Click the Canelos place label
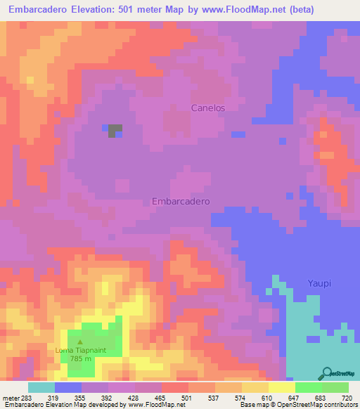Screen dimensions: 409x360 tap(208, 108)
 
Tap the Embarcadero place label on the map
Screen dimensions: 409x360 tap(181, 201)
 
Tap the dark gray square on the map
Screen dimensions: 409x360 tap(115, 131)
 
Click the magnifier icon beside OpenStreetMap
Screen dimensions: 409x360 tap(327, 374)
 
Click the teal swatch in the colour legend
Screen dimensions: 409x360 tap(41, 387)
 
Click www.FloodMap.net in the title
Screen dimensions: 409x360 tap(228, 10)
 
